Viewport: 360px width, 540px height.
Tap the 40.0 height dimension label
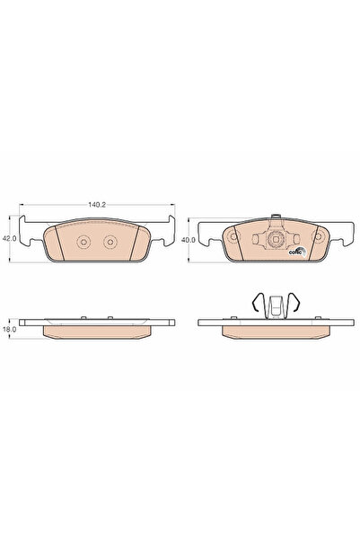[186, 240]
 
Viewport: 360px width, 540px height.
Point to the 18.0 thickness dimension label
[10, 330]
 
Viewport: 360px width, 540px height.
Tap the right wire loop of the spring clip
[293, 305]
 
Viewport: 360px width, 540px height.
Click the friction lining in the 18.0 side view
[95, 332]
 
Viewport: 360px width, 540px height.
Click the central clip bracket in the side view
[276, 310]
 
